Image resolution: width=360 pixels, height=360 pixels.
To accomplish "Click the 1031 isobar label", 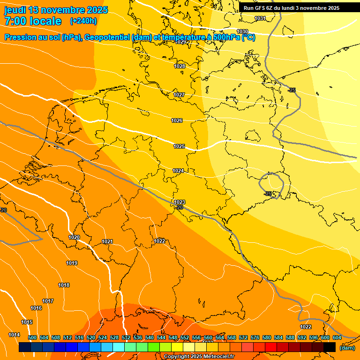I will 260,18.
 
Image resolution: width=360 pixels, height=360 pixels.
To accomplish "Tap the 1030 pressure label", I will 242,31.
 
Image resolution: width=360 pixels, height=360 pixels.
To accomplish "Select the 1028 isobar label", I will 180,66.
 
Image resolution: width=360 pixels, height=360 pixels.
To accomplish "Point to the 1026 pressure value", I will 177,120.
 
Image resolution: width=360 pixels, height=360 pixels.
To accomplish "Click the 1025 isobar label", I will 179,146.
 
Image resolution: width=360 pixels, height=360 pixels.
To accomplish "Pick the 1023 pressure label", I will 180,202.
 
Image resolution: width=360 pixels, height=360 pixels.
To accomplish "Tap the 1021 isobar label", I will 107,241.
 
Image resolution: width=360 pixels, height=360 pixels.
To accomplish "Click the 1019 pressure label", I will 72,263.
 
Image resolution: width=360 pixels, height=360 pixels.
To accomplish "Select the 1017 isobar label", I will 48,301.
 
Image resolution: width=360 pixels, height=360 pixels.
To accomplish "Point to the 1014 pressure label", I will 14,335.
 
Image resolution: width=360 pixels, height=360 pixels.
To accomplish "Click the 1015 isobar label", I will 27,322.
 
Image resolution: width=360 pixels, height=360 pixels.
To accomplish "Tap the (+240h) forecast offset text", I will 83,21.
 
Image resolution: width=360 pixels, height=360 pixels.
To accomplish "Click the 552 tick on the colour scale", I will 185,337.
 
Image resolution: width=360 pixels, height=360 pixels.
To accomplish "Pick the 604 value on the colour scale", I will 337,337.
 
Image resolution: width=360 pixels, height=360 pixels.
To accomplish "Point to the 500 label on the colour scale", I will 32,337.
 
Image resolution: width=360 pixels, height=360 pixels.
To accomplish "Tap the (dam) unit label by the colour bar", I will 347,348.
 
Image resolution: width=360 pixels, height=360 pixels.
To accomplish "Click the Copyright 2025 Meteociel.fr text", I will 199,357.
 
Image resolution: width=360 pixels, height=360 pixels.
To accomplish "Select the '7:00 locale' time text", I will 33,21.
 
